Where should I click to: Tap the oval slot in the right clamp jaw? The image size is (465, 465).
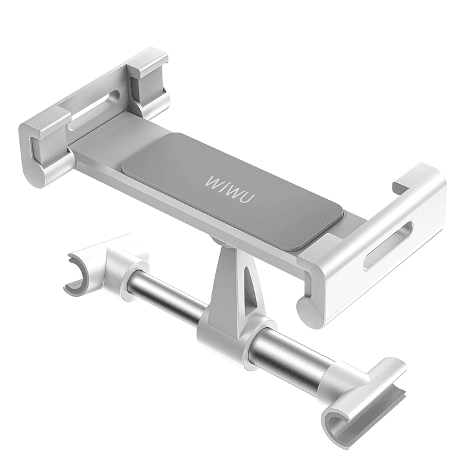(x=388, y=245)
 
